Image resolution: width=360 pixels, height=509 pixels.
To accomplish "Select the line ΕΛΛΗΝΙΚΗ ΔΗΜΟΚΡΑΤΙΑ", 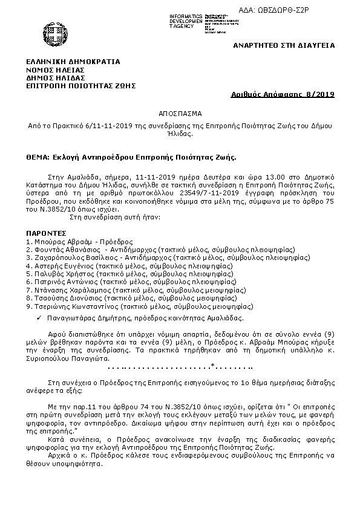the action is pyautogui.click(x=73, y=61).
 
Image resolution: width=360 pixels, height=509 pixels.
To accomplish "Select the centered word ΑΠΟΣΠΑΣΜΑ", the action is pyautogui.click(x=181, y=113).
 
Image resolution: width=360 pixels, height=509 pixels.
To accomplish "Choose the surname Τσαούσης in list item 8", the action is pyautogui.click(x=50, y=297).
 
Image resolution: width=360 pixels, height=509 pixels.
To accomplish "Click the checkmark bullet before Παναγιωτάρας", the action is pyautogui.click(x=38, y=317).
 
